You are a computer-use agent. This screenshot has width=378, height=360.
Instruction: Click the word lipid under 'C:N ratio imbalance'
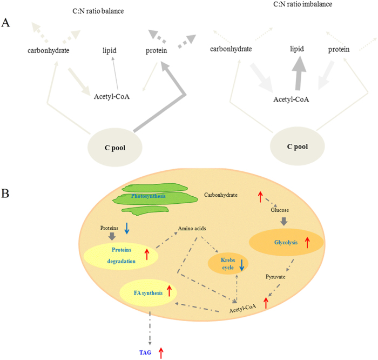click(x=296, y=49)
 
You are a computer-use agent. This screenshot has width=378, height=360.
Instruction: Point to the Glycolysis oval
click(x=286, y=243)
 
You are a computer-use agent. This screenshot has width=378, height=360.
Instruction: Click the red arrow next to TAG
click(x=160, y=352)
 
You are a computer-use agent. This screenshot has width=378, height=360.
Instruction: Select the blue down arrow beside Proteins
click(x=127, y=228)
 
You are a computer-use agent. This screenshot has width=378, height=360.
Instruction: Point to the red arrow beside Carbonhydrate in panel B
click(x=260, y=197)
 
